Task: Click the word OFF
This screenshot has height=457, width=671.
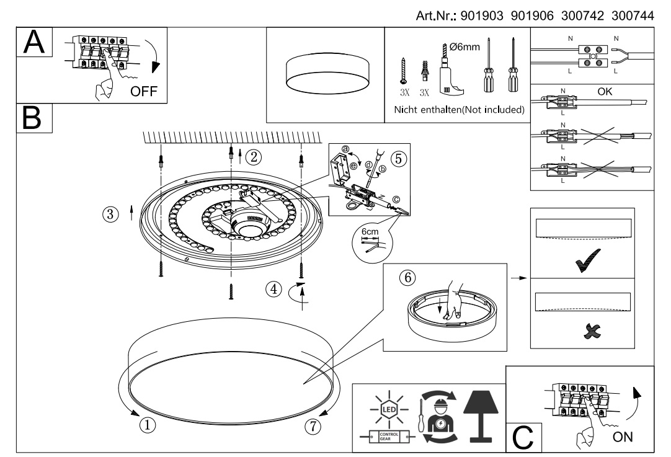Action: pos(144,92)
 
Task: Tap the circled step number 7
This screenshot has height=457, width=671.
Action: pos(314,425)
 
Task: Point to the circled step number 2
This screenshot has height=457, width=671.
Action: pos(252,156)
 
